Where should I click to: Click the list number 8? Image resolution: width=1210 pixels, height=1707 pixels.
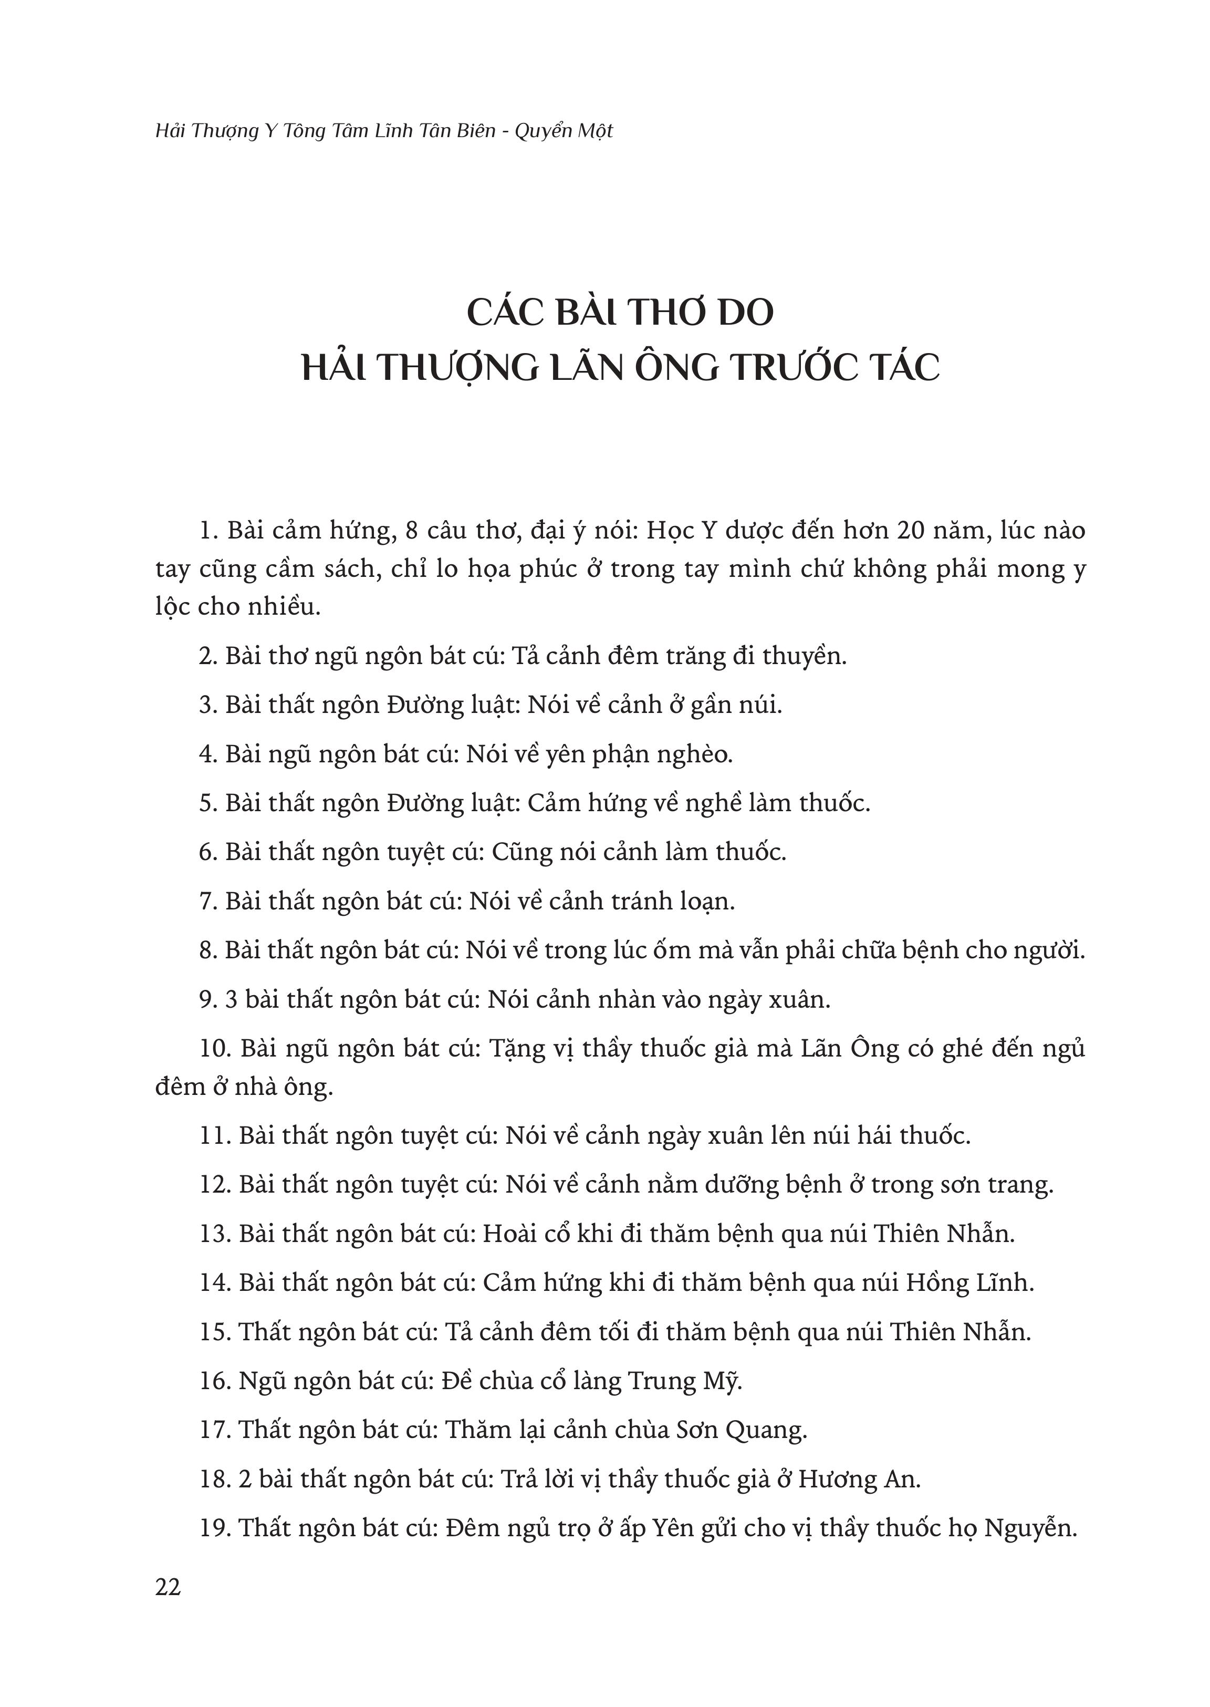coord(207,950)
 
